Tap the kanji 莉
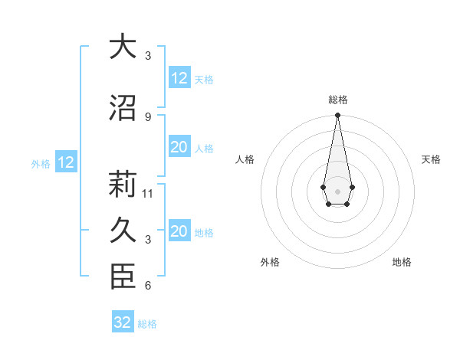point(122,185)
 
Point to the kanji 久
point(122,230)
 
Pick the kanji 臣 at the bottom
point(122,277)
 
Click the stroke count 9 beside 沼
point(147,116)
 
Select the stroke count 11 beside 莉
point(149,193)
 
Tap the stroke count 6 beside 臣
point(147,286)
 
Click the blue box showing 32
point(123,322)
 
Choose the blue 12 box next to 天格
point(179,78)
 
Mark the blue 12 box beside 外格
point(66,162)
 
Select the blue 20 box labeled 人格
point(179,147)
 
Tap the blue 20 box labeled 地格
point(179,231)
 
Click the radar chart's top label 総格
point(337,100)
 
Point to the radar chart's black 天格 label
point(431,159)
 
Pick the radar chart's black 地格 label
point(402,262)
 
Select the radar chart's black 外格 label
point(270,262)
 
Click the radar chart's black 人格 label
point(245,159)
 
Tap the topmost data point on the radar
point(337,116)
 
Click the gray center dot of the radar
point(337,190)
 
